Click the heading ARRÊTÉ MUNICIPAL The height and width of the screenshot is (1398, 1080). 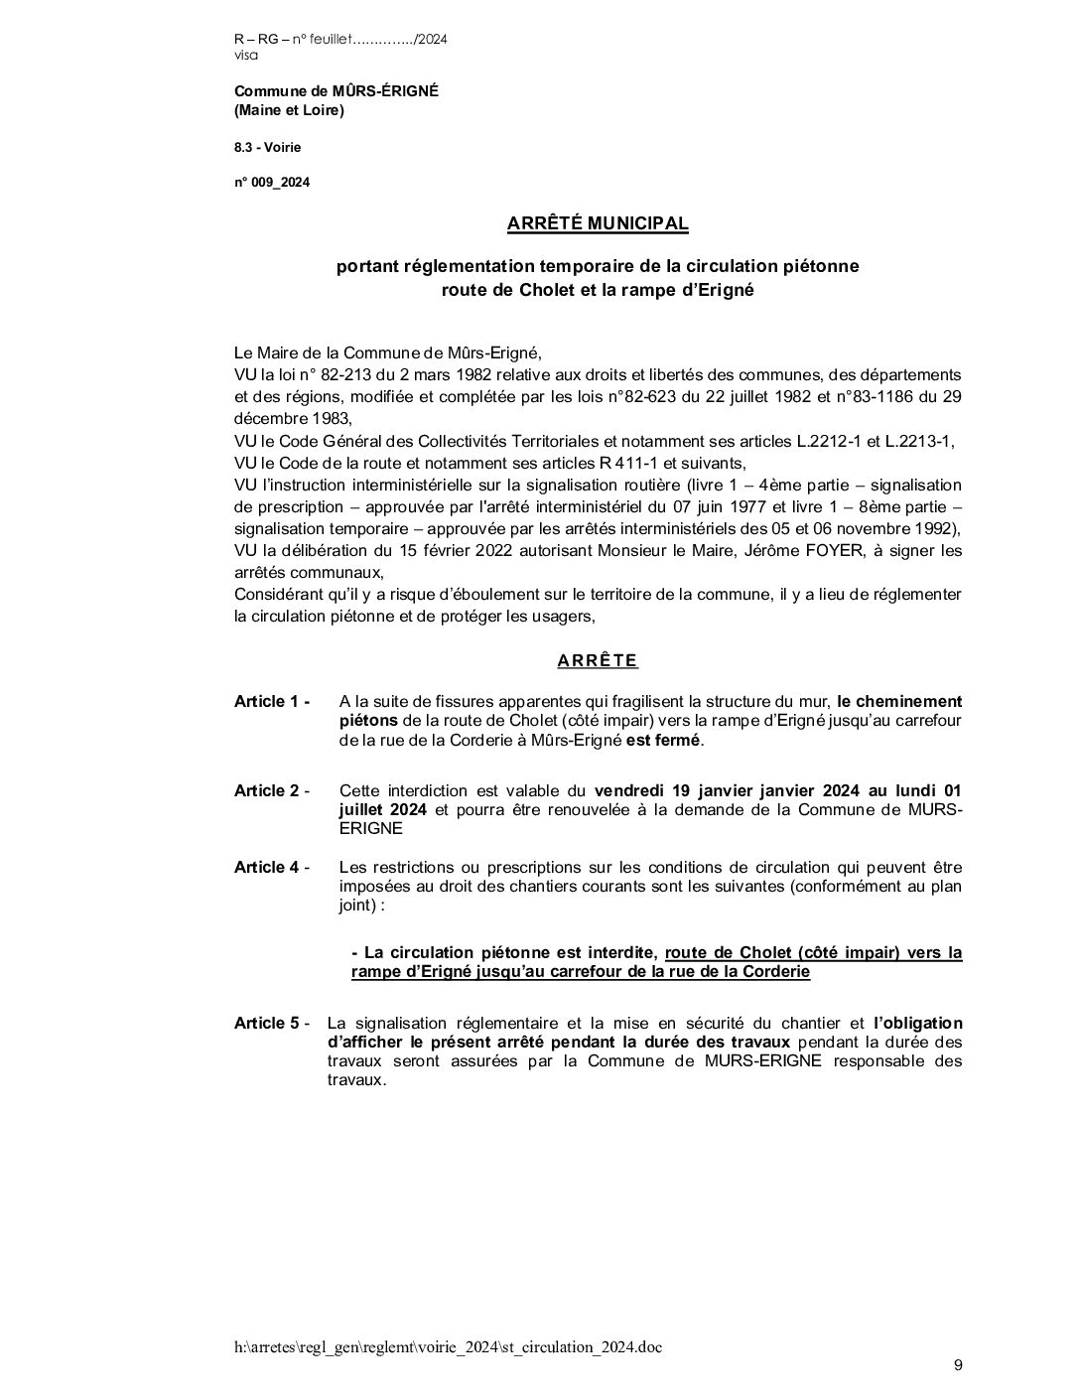pyautogui.click(x=597, y=224)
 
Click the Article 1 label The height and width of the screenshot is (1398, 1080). pyautogui.click(x=271, y=702)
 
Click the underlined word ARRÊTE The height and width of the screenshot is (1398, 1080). pyautogui.click(x=597, y=661)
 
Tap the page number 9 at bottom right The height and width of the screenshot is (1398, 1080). pyautogui.click(x=958, y=1365)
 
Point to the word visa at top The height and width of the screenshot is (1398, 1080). pyautogui.click(x=245, y=56)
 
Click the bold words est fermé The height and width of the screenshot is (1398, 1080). pyautogui.click(x=663, y=741)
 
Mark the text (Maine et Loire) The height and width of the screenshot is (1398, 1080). pyautogui.click(x=289, y=110)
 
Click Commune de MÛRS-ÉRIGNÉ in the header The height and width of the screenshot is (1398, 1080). pyautogui.click(x=336, y=91)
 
